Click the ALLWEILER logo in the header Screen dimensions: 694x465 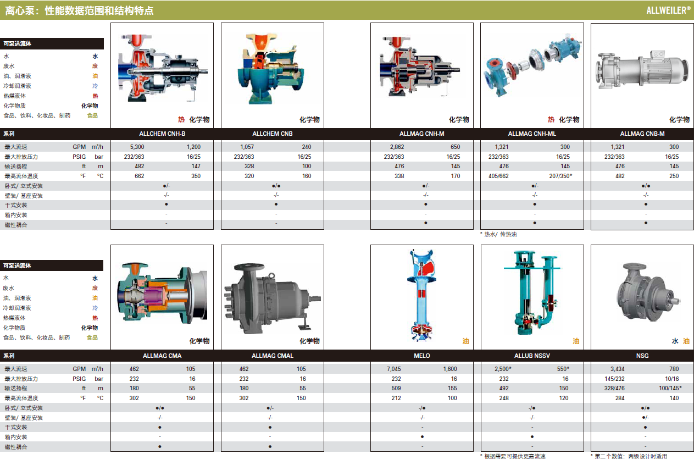(x=668, y=10)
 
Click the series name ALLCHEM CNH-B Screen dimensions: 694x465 (x=162, y=134)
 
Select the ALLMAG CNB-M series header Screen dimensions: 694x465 (x=642, y=134)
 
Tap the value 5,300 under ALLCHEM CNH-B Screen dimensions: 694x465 (x=137, y=147)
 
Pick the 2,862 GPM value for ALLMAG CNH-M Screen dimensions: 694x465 (x=397, y=147)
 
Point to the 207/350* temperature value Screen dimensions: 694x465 (x=560, y=176)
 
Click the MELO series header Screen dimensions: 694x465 (x=421, y=356)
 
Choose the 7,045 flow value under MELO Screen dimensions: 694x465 (x=394, y=369)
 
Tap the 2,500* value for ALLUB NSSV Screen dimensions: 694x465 (x=503, y=369)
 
